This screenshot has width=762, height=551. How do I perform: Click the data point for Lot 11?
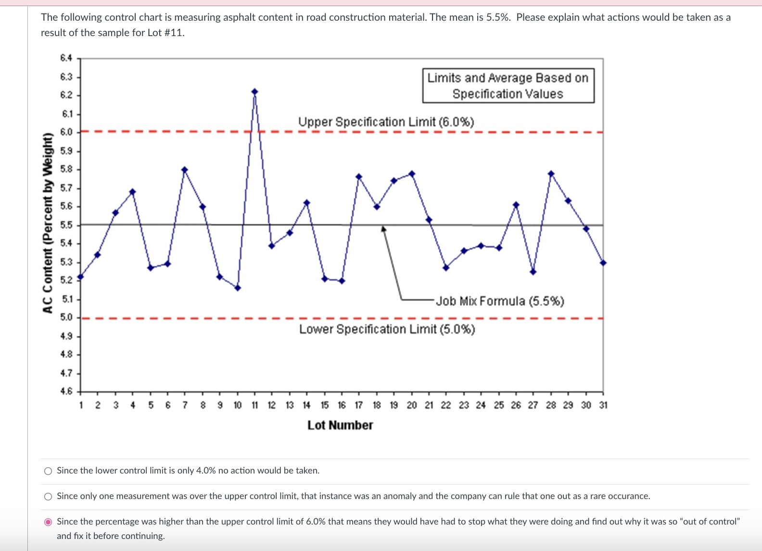tap(254, 91)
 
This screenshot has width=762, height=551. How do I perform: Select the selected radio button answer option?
tap(48, 522)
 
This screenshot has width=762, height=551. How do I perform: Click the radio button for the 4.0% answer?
tap(48, 471)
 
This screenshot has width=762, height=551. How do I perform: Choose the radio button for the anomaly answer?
tap(48, 497)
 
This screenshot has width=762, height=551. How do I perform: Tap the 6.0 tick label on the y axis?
tap(66, 132)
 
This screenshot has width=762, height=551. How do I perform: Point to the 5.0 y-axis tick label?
tap(66, 318)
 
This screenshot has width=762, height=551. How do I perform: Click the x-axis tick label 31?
tap(603, 405)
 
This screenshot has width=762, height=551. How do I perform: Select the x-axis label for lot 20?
tap(412, 405)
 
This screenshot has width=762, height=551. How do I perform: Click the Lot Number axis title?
tap(340, 425)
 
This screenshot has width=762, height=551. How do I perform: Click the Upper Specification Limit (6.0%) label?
tap(386, 122)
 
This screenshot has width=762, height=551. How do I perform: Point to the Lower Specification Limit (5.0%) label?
tap(387, 329)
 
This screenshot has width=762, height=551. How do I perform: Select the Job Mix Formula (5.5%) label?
tap(500, 301)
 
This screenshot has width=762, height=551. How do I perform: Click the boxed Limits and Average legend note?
tap(508, 86)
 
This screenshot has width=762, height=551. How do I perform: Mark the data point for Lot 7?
tap(185, 169)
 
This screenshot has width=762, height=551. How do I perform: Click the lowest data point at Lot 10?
tap(238, 288)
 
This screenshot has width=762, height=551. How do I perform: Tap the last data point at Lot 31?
tap(603, 263)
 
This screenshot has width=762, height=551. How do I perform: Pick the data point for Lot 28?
tap(551, 174)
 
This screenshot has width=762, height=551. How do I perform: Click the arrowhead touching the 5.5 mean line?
tap(383, 229)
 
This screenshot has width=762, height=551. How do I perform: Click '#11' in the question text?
tap(174, 33)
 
